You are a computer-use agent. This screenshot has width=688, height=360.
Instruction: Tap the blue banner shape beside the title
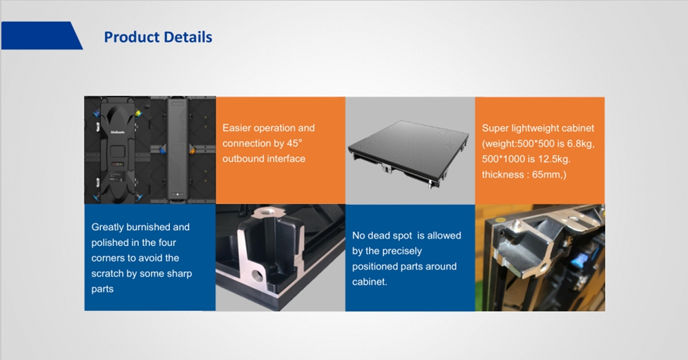tap(41, 35)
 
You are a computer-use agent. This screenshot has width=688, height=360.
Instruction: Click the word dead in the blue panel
tap(379, 236)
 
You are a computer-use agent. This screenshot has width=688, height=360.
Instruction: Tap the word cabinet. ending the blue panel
tap(370, 282)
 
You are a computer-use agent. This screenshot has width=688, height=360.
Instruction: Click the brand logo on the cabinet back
tap(117, 132)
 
